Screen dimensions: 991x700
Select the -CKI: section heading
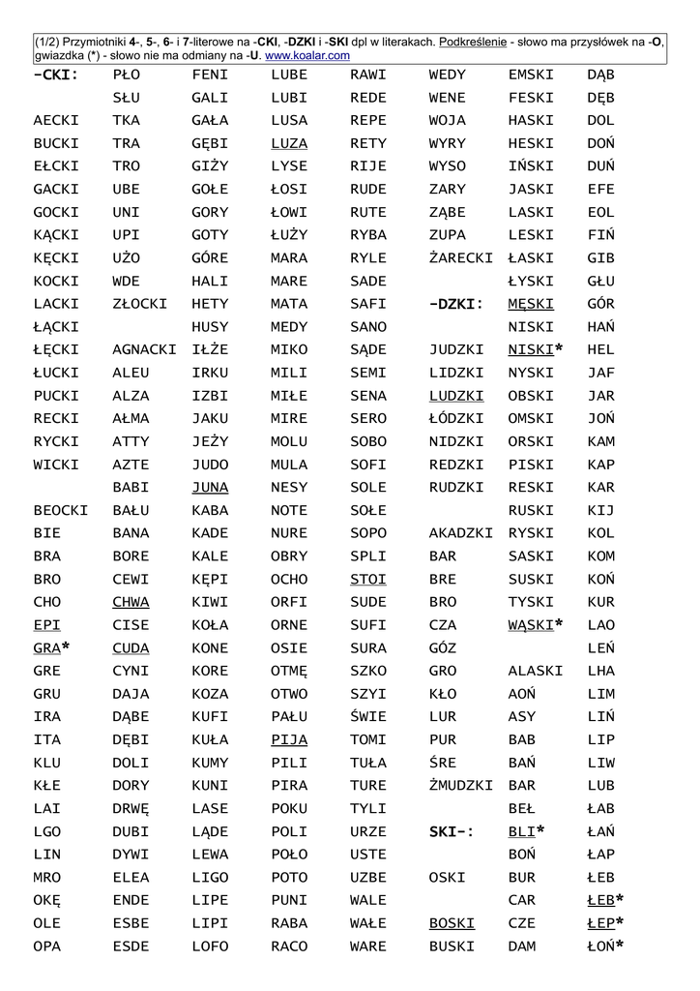pyautogui.click(x=55, y=75)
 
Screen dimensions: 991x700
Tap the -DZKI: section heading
pyautogui.click(x=456, y=304)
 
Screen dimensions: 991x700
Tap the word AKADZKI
pyautogui.click(x=460, y=533)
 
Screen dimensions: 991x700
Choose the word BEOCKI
pyautogui.click(x=60, y=510)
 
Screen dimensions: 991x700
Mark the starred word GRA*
pyautogui.click(x=51, y=647)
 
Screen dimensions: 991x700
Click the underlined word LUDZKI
pyautogui.click(x=456, y=396)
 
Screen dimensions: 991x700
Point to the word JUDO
pyautogui.click(x=211, y=465)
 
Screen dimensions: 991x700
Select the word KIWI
pyautogui.click(x=211, y=602)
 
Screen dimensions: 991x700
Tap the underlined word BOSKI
pyautogui.click(x=452, y=923)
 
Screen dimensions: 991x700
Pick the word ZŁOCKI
pyautogui.click(x=140, y=304)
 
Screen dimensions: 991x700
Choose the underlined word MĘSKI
pyautogui.click(x=531, y=304)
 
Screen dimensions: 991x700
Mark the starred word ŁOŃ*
pyautogui.click(x=604, y=946)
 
